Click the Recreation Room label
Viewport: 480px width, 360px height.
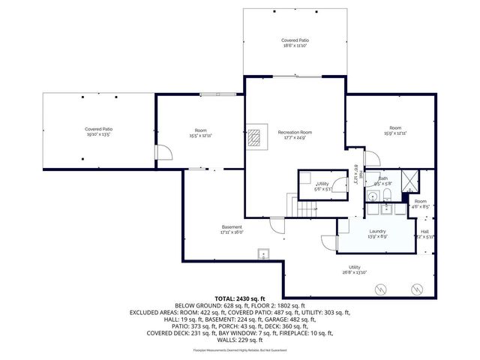295,132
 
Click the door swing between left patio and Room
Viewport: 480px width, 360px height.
163,153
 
